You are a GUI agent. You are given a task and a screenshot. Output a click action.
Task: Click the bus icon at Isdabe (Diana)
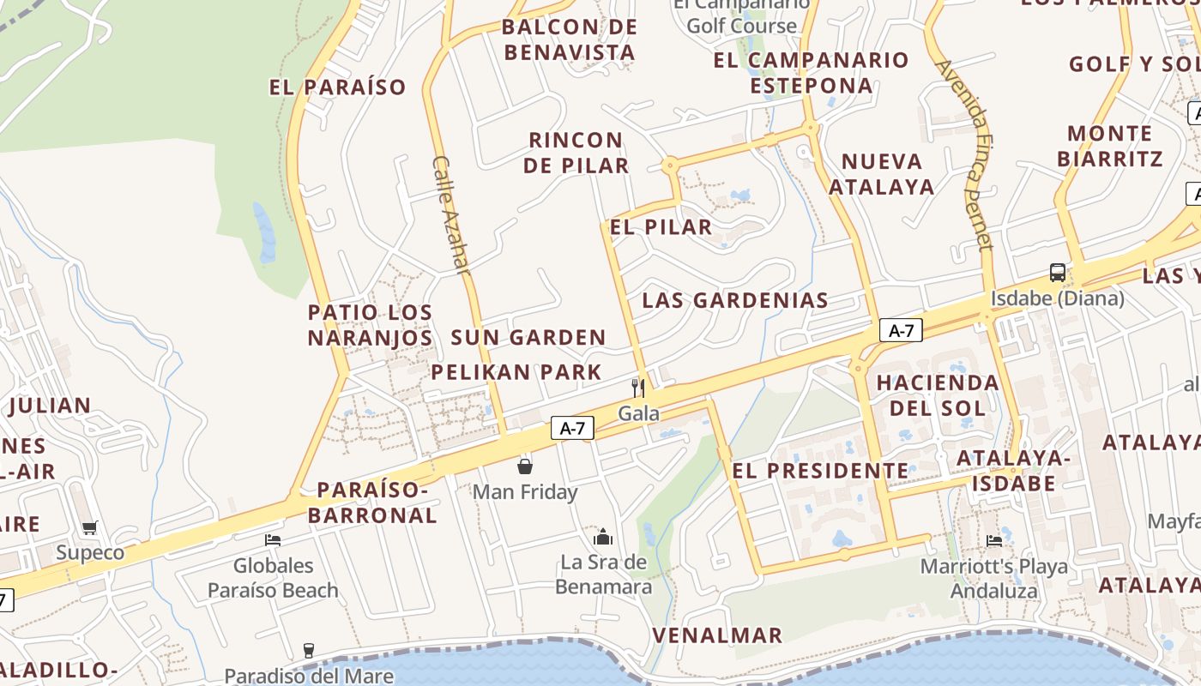[x=1058, y=273]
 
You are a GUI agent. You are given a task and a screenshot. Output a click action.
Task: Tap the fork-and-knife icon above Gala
[x=637, y=388]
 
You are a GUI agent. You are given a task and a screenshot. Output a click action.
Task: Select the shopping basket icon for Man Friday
[x=525, y=466]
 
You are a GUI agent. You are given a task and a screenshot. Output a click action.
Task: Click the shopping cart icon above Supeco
[x=90, y=527]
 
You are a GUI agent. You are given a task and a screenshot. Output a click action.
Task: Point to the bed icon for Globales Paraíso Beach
[x=273, y=540]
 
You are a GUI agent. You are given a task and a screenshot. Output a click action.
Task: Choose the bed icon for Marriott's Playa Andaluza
[x=994, y=541]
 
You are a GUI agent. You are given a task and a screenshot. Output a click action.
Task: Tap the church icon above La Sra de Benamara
[x=603, y=537]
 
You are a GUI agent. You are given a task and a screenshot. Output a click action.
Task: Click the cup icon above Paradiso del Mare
[x=309, y=650]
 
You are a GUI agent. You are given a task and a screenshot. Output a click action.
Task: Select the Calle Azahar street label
[x=452, y=215]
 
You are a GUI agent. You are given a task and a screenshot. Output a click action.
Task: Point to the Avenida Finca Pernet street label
[x=964, y=154]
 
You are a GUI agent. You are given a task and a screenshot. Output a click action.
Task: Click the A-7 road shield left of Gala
[x=572, y=428]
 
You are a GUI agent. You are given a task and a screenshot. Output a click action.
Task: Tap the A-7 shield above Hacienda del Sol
[x=901, y=331]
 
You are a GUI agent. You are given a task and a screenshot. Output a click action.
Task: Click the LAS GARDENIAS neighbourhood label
[x=735, y=300]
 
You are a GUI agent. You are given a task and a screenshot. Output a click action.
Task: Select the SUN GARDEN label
[x=528, y=338]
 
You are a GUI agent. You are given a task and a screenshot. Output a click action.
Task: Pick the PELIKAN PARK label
[x=516, y=372]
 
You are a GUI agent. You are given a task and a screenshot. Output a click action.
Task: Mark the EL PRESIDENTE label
[x=819, y=471]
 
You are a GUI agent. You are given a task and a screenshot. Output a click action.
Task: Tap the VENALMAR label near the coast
[x=717, y=635]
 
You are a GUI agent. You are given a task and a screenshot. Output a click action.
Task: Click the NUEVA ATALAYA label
[x=881, y=174]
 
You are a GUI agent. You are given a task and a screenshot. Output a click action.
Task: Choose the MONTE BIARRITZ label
[x=1110, y=146]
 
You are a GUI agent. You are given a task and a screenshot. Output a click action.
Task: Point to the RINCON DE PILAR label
[x=576, y=153]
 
